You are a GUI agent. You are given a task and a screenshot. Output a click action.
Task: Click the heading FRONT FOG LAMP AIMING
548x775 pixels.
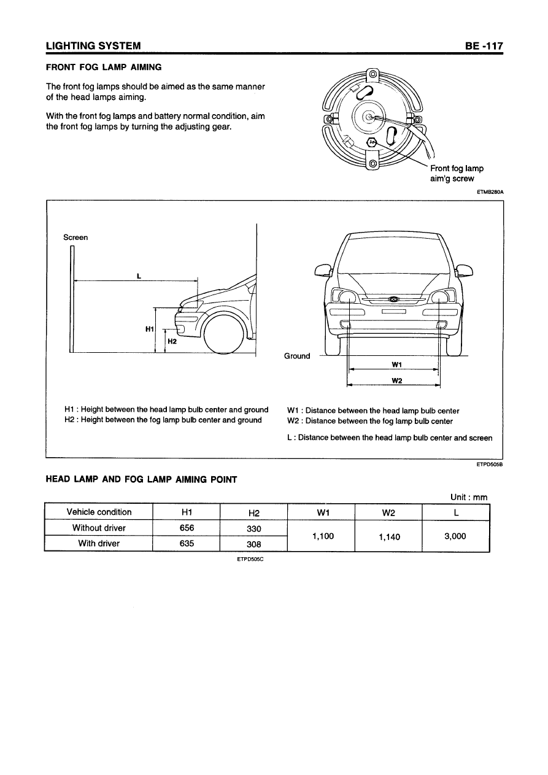[x=104, y=67]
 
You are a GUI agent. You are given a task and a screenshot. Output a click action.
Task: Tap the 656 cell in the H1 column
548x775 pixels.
[x=185, y=528]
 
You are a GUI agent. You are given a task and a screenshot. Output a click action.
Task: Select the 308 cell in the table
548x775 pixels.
[x=253, y=544]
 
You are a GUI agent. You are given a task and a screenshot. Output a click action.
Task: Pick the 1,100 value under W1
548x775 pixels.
[x=322, y=536]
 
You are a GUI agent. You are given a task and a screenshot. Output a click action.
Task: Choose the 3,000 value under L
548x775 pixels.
[x=455, y=536]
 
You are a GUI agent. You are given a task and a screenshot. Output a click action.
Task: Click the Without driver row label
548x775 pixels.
[x=99, y=528]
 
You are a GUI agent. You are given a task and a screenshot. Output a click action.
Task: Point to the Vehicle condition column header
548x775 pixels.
[x=99, y=512]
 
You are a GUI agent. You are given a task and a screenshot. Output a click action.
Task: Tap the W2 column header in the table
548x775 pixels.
[x=388, y=512]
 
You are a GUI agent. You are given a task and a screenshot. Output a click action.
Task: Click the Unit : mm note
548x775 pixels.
[x=468, y=497]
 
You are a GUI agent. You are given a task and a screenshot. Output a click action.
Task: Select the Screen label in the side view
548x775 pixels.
[x=75, y=237]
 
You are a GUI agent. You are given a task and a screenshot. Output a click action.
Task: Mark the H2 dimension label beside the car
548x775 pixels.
[x=172, y=342]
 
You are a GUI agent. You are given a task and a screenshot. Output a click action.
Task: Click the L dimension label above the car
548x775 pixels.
[x=139, y=276]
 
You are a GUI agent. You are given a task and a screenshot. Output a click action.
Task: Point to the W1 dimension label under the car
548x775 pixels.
[x=396, y=364]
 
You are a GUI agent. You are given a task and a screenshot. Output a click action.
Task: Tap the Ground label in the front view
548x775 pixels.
[x=297, y=356]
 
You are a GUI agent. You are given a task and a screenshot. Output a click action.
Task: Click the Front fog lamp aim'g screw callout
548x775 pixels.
[x=457, y=173]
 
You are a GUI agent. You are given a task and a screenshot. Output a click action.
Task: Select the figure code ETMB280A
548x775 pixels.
[x=490, y=192]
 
